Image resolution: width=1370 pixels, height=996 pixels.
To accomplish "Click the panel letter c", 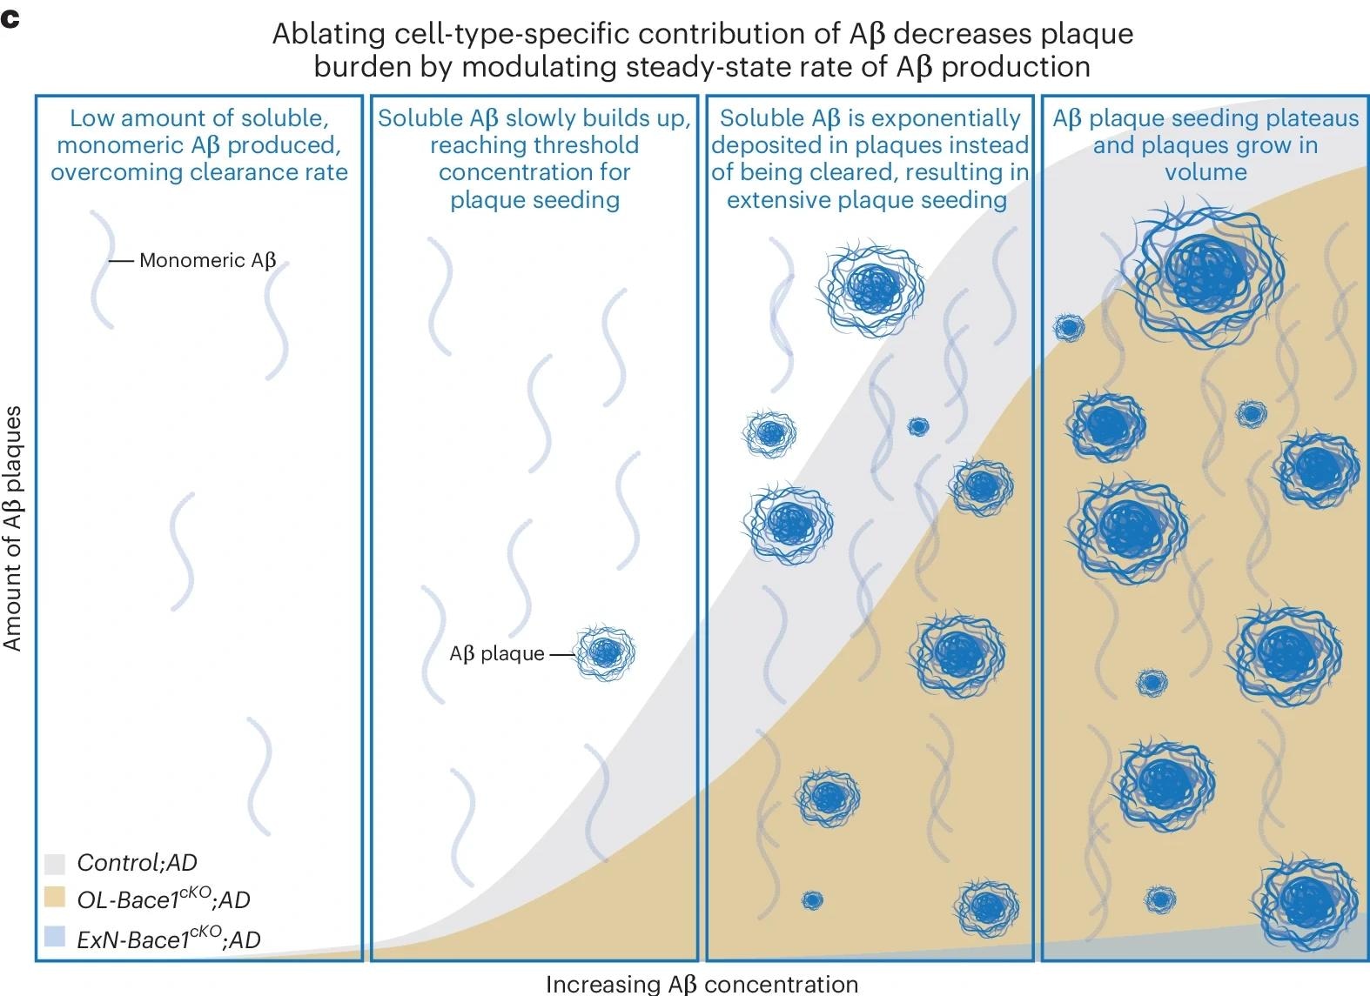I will pos(10,19).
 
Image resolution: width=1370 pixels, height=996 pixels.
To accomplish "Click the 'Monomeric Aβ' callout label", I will pos(207,260).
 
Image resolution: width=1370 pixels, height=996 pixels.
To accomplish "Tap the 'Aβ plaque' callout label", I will pos(496,653).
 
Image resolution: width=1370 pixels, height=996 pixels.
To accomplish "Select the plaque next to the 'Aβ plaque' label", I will pos(605,652).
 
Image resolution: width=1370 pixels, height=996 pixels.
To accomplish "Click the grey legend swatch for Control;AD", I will pos(55,863).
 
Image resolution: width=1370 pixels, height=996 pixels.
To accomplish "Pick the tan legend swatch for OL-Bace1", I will pos(55,898).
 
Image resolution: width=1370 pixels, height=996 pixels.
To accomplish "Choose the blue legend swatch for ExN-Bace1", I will pos(55,936).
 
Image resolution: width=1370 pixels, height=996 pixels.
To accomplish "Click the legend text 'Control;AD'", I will pos(137,863).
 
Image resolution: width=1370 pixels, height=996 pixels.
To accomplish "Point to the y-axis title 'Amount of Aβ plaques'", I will pos(12,529).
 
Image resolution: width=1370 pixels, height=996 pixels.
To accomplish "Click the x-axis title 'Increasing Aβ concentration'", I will pos(702,984).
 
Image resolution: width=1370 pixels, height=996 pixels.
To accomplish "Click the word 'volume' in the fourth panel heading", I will pos(1205,172).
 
